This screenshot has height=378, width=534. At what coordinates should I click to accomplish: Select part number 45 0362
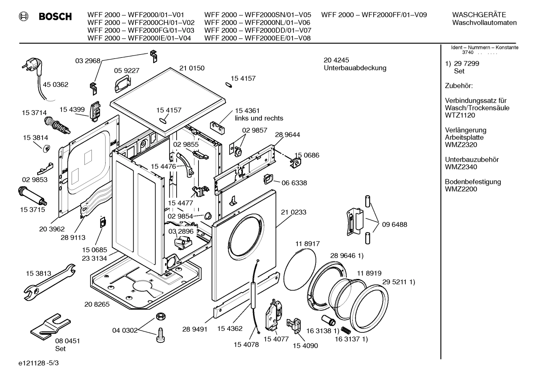[56, 85]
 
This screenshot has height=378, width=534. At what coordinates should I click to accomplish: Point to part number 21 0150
[192, 68]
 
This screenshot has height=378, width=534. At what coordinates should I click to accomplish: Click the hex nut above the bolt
[160, 316]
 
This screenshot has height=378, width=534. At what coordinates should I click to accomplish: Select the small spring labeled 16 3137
[346, 330]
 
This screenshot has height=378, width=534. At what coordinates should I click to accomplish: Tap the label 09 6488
[395, 224]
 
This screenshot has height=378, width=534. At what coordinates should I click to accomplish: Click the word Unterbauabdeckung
[355, 68]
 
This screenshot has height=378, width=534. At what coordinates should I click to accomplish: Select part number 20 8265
[97, 304]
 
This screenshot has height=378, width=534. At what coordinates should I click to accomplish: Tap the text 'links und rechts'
[259, 118]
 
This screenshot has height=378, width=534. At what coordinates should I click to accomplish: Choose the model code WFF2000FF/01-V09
[394, 15]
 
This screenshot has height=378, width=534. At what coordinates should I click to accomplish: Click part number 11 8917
[307, 244]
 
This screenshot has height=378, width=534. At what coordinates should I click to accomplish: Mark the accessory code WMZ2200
[461, 189]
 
